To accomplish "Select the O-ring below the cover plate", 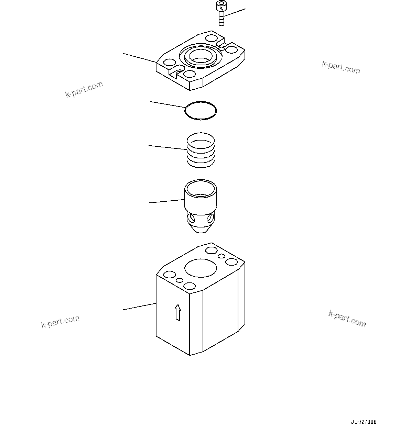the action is [x=201, y=111].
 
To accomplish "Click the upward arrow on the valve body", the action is [x=177, y=312].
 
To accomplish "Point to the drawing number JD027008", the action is [x=364, y=422].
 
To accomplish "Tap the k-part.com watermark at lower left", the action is [x=60, y=322].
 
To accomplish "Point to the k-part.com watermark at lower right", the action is [x=347, y=319].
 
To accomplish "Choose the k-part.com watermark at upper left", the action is [x=84, y=89].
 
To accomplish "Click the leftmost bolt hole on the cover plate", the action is [x=170, y=62].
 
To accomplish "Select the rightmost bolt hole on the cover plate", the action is [x=232, y=49].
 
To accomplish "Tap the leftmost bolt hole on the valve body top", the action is [x=170, y=275].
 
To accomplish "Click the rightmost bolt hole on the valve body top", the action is [x=232, y=262].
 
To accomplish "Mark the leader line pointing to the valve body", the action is [x=140, y=306].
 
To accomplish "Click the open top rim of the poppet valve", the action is [x=201, y=188].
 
